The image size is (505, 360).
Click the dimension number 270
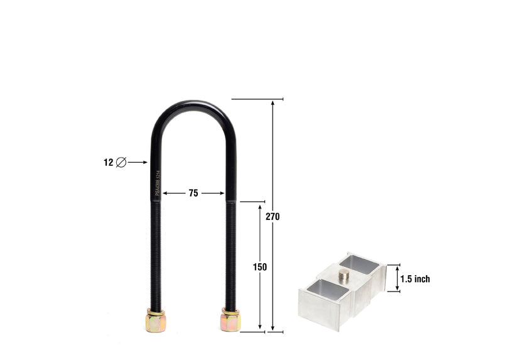coord(272,217)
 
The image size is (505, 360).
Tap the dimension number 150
coord(260,267)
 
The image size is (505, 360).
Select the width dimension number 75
coord(193,194)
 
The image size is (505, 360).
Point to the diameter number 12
coord(108,162)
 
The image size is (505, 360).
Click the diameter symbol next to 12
coord(121,162)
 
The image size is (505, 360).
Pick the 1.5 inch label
coord(415,279)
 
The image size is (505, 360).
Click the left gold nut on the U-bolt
coord(155,321)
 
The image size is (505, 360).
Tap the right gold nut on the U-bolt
coord(231,320)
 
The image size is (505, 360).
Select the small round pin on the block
coord(345,275)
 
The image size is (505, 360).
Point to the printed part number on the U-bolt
coord(157,182)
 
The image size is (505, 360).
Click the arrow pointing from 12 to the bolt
coord(138,162)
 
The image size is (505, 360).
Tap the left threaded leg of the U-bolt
coord(156,251)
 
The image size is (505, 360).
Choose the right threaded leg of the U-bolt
coord(231,251)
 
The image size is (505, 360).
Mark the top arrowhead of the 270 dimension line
coord(273,103)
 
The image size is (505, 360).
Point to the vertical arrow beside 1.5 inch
coord(396,278)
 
